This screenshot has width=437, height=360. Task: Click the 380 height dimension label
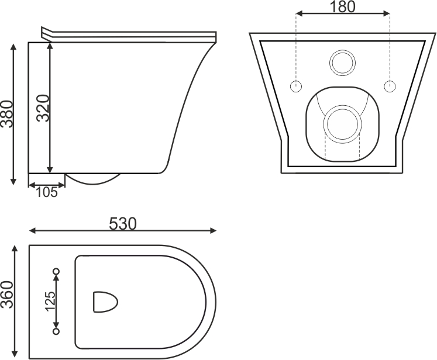coord(6,114)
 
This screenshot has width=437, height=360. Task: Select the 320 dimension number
coord(43,108)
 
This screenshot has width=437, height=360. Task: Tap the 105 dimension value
coord(47,192)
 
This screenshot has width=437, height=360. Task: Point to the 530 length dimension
coord(123,224)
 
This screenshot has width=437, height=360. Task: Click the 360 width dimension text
coord(7,295)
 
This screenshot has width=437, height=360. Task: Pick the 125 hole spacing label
coord(50,301)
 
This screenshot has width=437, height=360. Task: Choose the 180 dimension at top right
coord(342,7)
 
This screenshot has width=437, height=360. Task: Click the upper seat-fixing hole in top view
coord(56,271)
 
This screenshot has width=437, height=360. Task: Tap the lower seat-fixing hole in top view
coord(56,331)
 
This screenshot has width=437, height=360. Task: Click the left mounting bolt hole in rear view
coord(296,86)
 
